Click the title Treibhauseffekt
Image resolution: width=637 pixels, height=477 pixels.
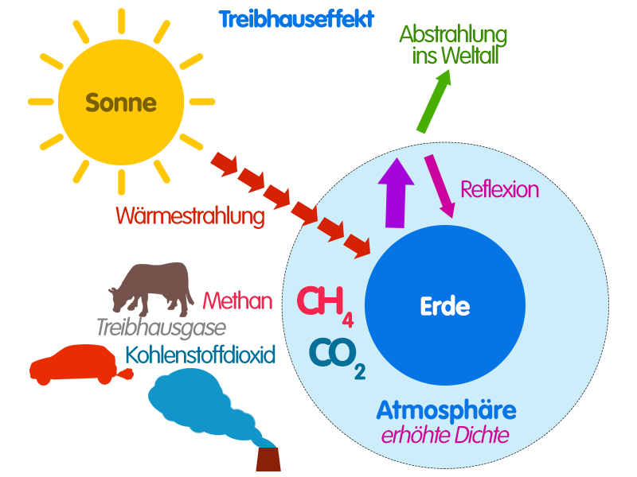pyautogui.click(x=296, y=19)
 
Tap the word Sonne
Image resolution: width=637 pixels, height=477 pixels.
pyautogui.click(x=121, y=103)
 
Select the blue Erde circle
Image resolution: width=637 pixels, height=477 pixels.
pyautogui.click(x=445, y=306)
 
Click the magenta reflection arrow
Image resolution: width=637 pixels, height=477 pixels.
pyautogui.click(x=440, y=185)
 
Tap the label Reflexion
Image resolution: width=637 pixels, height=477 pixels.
pyautogui.click(x=499, y=189)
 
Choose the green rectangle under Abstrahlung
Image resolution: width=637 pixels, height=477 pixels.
pyautogui.click(x=433, y=101)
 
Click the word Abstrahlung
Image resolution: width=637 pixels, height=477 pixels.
pyautogui.click(x=453, y=35)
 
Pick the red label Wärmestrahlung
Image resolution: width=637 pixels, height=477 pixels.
pyautogui.click(x=190, y=215)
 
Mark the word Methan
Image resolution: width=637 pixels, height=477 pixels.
pyautogui.click(x=237, y=301)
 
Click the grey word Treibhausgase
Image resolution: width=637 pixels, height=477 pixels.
pyautogui.click(x=161, y=327)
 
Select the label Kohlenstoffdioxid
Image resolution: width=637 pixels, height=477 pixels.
pyautogui.click(x=200, y=354)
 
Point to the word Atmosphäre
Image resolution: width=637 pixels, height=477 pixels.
pyautogui.click(x=446, y=410)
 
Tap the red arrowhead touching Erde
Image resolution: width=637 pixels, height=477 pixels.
pyautogui.click(x=361, y=247)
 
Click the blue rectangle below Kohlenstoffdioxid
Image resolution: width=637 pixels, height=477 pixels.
pyautogui.click(x=212, y=406)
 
